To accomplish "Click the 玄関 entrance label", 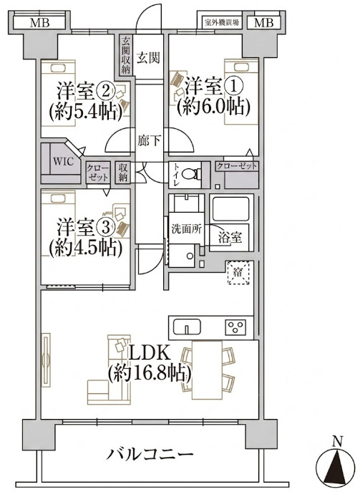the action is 149,58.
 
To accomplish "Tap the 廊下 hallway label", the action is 149,140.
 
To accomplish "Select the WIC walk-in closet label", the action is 63,162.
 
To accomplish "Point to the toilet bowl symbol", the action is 190,174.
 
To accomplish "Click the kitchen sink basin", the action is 187,327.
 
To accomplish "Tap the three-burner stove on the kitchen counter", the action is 235,327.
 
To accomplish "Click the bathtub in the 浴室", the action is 231,208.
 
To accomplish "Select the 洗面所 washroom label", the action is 186,228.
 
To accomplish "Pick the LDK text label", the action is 150,353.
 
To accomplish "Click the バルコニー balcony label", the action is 149,454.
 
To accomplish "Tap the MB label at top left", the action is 40,23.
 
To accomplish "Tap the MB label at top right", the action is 263,23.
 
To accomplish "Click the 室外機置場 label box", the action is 222,23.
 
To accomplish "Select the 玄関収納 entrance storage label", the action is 126,55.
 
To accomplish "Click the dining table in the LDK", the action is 207,370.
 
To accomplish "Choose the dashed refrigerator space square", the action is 238,273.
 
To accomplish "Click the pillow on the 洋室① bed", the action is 241,67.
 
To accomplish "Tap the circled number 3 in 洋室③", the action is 106,228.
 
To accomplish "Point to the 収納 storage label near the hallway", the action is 122,173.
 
